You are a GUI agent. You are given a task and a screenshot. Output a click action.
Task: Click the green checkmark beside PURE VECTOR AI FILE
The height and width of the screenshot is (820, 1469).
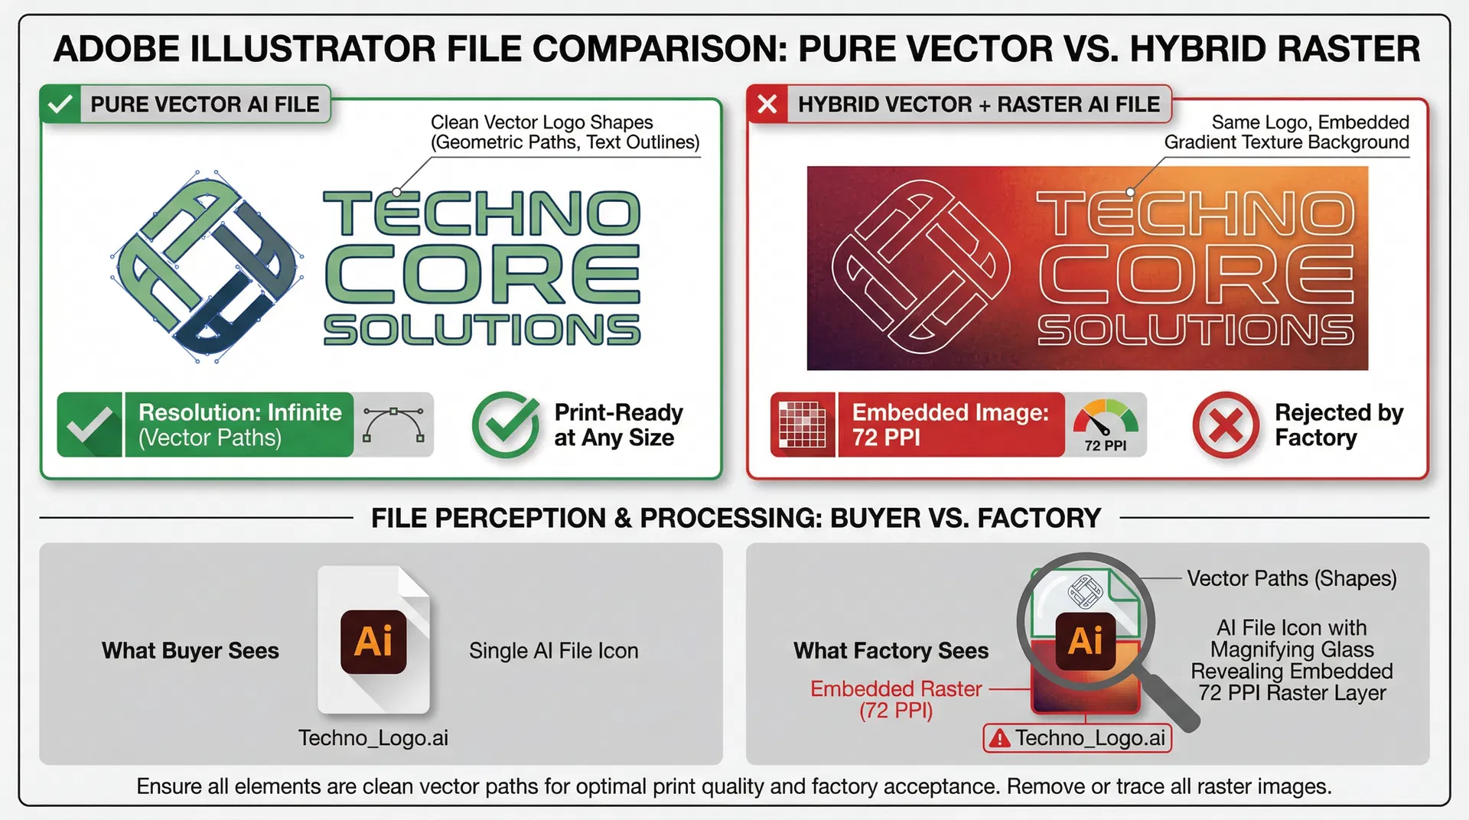point(60,104)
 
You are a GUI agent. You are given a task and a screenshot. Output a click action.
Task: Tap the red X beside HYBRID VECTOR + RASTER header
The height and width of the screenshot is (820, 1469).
point(767,104)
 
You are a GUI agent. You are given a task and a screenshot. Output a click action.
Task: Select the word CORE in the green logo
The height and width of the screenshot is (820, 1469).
point(482,274)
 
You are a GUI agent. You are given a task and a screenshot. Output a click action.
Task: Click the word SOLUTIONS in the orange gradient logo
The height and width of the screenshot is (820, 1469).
point(1196,330)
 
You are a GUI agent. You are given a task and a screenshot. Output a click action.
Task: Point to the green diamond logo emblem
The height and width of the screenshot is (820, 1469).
point(205,266)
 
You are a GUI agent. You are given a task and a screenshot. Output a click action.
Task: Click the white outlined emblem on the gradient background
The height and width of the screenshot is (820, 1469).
point(920,267)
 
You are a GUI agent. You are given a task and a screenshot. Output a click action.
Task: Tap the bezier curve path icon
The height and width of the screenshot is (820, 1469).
point(393,425)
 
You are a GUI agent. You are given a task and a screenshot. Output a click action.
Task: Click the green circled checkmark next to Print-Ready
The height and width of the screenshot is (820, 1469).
point(505,425)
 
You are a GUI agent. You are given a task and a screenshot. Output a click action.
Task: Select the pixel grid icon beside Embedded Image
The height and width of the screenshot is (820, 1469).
point(803,425)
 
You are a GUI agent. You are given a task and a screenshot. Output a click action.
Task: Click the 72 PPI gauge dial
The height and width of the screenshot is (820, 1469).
point(1106,425)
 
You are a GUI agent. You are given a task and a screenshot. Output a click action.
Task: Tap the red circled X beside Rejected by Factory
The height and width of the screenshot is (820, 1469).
point(1226,425)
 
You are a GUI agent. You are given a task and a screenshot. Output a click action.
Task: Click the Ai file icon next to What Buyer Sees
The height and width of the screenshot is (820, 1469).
point(374,641)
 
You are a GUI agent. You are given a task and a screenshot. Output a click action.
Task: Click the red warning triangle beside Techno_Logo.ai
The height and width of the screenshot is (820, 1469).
point(999,738)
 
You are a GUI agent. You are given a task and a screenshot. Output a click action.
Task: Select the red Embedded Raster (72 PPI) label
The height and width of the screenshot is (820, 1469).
point(896,699)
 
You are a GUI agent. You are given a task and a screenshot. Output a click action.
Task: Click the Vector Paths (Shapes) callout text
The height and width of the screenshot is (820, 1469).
point(1291,578)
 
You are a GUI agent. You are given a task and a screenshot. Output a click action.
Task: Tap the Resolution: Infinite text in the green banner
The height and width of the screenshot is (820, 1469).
point(239,413)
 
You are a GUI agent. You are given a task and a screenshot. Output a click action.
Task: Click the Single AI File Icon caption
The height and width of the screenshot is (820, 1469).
point(553,651)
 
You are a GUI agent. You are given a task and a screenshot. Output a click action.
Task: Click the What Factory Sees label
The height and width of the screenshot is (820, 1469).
point(891,651)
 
